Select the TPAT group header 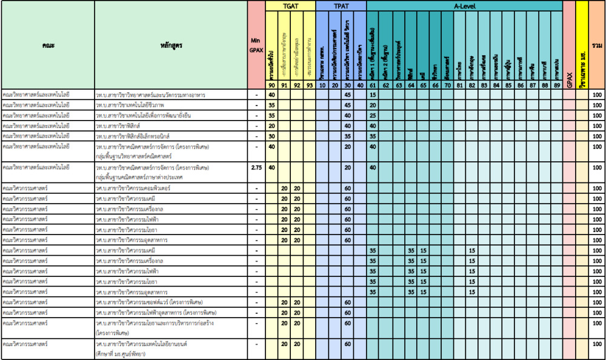point(341,5)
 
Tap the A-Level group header point(464,5)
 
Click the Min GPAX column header point(257,45)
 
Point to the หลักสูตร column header point(171,45)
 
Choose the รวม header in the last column point(598,45)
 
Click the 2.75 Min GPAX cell point(257,167)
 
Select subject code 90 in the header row point(272,85)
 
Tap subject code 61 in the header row point(373,85)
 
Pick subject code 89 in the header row point(556,85)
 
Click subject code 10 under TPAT point(322,85)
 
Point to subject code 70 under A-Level point(447,85)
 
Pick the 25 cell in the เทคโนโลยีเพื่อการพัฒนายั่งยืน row point(373,115)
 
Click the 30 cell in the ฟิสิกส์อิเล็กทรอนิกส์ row point(272,136)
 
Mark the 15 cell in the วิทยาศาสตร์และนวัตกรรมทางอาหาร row point(373,95)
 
